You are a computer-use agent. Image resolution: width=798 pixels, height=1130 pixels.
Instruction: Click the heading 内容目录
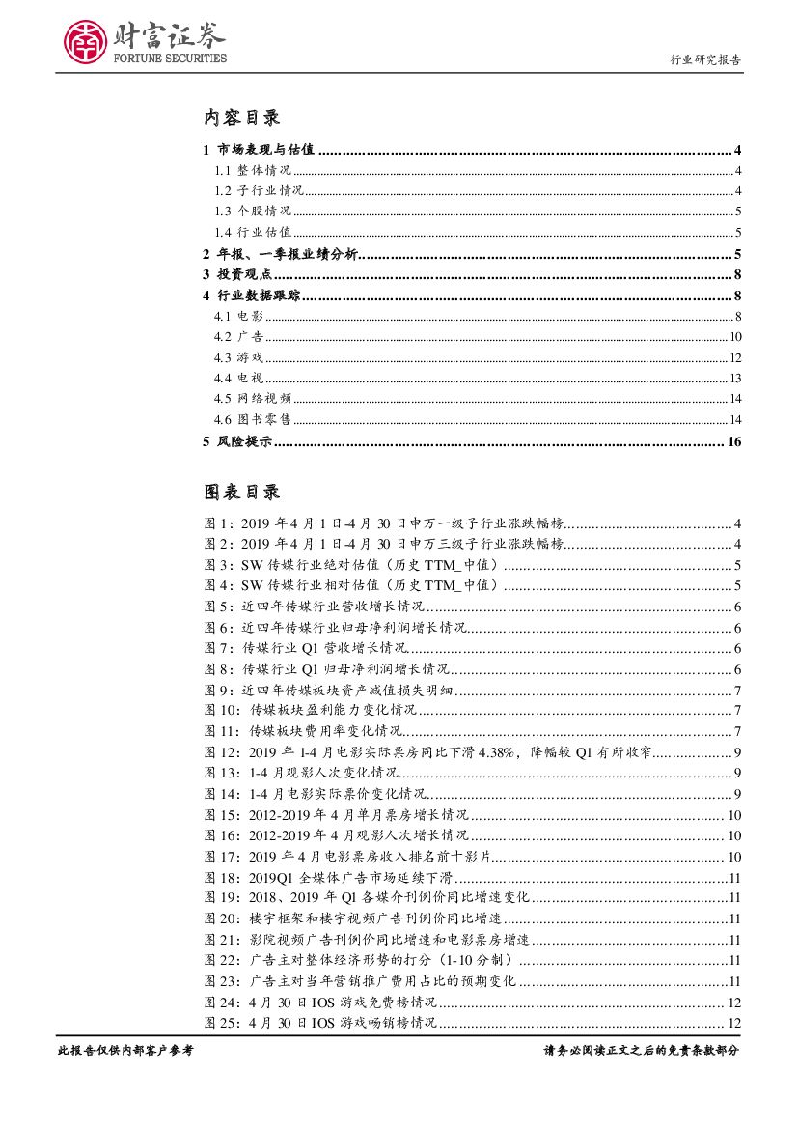241,118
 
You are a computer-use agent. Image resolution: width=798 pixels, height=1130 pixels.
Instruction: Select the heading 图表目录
241,493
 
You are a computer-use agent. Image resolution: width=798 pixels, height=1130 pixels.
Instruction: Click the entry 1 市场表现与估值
260,150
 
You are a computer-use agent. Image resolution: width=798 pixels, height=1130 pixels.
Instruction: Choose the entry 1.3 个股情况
252,212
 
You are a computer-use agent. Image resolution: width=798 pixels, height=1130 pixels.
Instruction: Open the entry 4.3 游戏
237,357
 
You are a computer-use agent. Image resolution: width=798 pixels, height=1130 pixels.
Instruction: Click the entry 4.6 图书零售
252,419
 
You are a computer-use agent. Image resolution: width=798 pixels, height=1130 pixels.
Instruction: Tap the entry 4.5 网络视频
252,399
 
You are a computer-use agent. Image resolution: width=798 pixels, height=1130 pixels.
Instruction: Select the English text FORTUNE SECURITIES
171,58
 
